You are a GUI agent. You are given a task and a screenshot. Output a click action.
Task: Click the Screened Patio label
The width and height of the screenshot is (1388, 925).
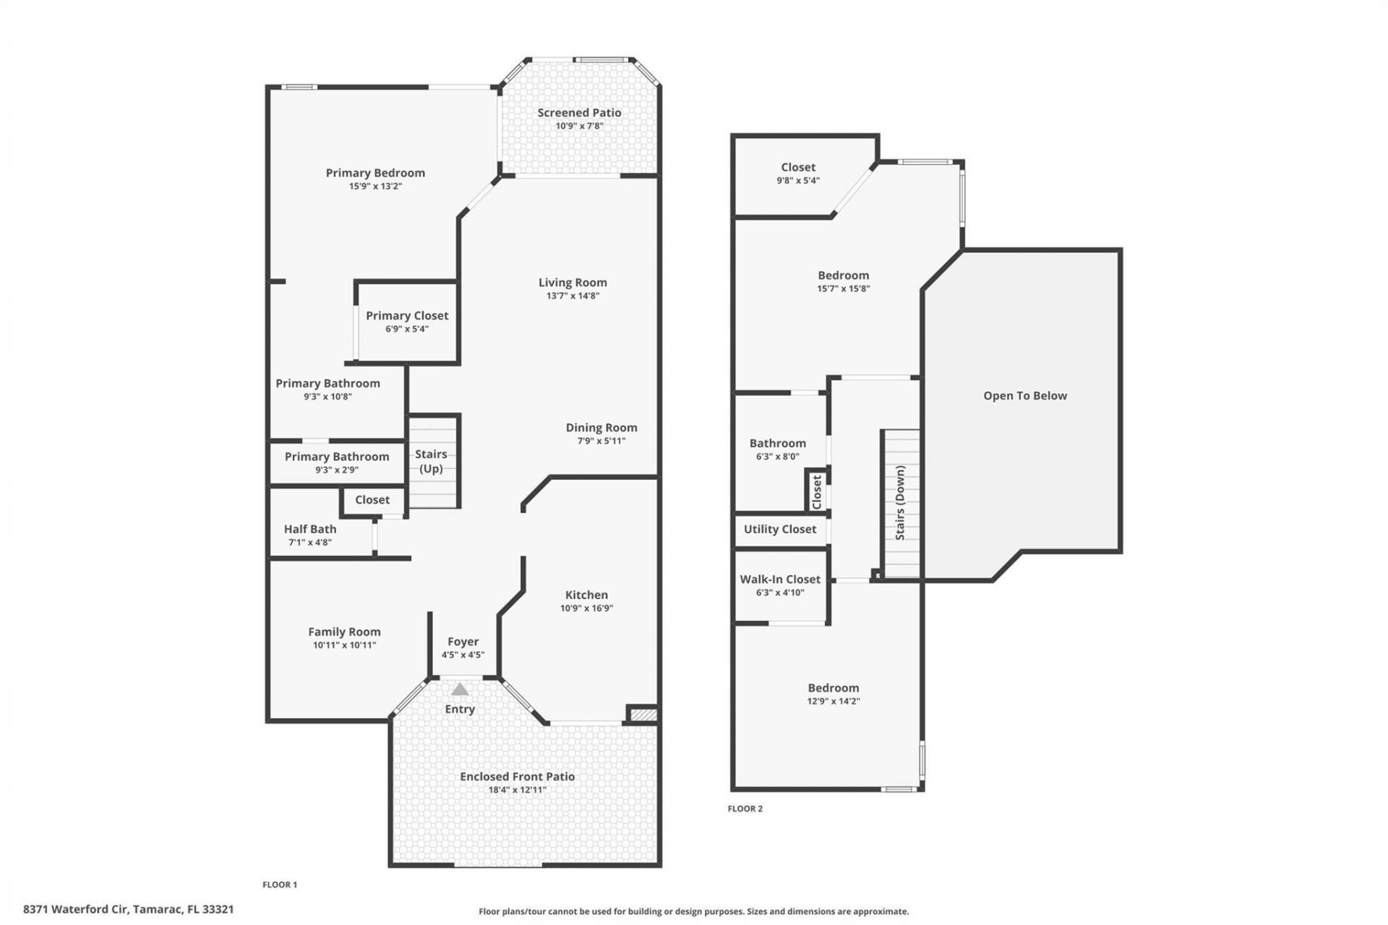(579, 113)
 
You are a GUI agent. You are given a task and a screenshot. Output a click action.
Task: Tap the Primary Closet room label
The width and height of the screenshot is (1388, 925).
(407, 316)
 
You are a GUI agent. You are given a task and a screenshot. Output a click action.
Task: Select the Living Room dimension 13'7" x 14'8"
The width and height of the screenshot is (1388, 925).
(573, 296)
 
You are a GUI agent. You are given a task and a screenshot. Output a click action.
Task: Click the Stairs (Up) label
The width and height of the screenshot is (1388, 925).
(431, 461)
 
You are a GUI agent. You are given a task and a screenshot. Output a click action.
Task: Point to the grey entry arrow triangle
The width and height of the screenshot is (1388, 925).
(460, 689)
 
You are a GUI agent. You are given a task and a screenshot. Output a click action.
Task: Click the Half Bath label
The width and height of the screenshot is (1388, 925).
(309, 529)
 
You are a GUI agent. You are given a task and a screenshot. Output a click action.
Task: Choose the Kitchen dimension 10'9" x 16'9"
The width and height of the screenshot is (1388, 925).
(586, 608)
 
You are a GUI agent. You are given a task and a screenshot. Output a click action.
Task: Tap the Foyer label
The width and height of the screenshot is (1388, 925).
(463, 642)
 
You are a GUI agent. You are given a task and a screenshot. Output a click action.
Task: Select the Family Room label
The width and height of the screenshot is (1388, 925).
(344, 632)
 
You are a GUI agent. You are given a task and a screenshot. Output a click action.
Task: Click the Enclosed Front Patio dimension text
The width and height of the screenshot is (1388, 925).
(517, 790)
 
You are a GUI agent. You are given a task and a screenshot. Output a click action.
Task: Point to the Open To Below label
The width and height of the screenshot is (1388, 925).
(1024, 396)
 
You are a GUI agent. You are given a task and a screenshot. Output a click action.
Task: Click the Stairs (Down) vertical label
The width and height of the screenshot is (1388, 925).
(900, 502)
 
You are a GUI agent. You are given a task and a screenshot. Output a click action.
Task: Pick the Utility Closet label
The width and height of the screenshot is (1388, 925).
(779, 529)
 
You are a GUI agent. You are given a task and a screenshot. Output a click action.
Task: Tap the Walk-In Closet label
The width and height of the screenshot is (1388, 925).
(779, 580)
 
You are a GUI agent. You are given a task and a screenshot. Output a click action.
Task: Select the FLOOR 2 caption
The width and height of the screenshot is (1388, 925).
(745, 809)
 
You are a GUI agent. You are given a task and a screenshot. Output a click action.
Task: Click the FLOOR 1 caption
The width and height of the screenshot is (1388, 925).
(279, 885)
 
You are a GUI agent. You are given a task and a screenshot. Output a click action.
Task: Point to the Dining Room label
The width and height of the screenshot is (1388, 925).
(601, 428)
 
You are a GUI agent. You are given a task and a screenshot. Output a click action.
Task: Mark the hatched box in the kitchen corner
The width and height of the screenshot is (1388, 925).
(643, 714)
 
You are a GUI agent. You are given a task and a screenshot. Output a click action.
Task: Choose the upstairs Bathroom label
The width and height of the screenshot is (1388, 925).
(777, 444)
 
